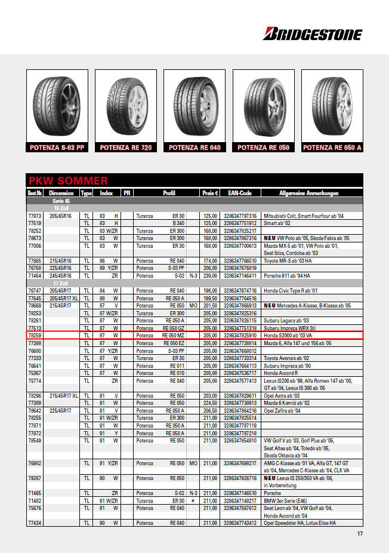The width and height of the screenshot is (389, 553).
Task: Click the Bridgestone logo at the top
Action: point(312,34)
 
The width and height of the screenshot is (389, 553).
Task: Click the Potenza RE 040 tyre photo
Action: point(195,105)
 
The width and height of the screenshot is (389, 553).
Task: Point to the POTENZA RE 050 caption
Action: point(264,148)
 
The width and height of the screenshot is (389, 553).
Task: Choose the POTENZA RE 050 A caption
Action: point(332,148)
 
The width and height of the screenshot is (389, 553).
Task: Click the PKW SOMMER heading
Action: point(68,180)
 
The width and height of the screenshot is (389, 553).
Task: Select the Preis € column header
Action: point(210,193)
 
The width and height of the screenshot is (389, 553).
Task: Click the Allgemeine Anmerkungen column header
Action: point(309,193)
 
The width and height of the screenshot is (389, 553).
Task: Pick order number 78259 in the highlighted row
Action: point(35,336)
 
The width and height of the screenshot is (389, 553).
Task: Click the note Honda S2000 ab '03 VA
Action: point(288,336)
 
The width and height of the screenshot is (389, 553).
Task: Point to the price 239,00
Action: point(210,276)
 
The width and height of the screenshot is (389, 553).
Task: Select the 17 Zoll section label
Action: point(61,283)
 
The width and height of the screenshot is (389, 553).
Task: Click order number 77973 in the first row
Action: point(35,216)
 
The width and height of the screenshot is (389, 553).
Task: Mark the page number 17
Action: point(360,534)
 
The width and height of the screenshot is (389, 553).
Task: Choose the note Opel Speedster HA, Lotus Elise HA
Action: point(300,523)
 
